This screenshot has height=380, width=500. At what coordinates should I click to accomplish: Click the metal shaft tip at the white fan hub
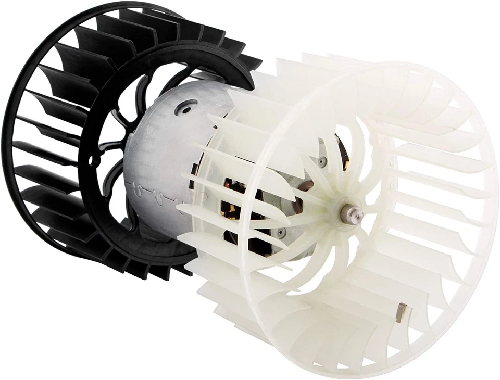(348, 212)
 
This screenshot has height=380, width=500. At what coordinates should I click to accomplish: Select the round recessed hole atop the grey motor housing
(186, 108)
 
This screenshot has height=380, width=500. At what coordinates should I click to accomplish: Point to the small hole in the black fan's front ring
(94, 161)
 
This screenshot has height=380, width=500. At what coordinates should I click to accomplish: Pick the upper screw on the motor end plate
(322, 162)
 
